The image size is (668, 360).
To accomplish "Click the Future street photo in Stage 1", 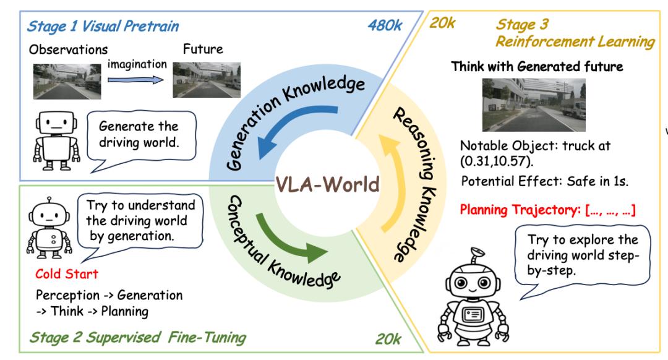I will click(x=206, y=80).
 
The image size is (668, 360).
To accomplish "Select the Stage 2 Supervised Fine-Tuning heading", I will click(x=138, y=338).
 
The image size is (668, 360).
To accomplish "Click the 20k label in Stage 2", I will click(x=388, y=339).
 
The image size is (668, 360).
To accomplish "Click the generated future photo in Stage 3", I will click(x=534, y=105).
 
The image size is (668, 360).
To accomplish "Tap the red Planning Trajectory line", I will click(x=547, y=210).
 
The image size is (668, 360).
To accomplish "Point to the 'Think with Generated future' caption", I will click(x=537, y=66).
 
